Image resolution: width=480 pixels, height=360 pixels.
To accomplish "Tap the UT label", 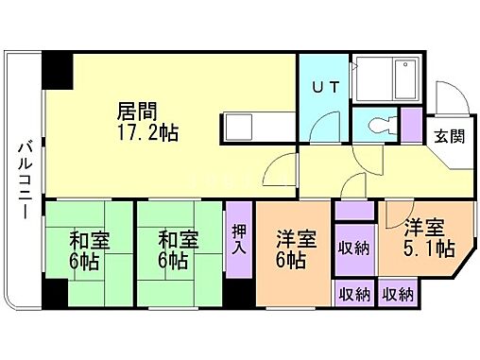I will [x=323, y=88].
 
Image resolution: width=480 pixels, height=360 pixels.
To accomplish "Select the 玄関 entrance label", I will [x=449, y=135].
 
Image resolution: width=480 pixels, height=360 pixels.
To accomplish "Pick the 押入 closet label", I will [x=240, y=240].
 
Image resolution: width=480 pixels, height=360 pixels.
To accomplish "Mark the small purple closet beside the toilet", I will [x=410, y=124].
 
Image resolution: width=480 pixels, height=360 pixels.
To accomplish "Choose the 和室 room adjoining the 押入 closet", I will [x=177, y=248].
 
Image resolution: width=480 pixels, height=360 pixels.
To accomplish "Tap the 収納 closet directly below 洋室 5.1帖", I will [x=399, y=295].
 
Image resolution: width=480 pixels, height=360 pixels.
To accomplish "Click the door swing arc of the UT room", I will [x=328, y=127].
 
